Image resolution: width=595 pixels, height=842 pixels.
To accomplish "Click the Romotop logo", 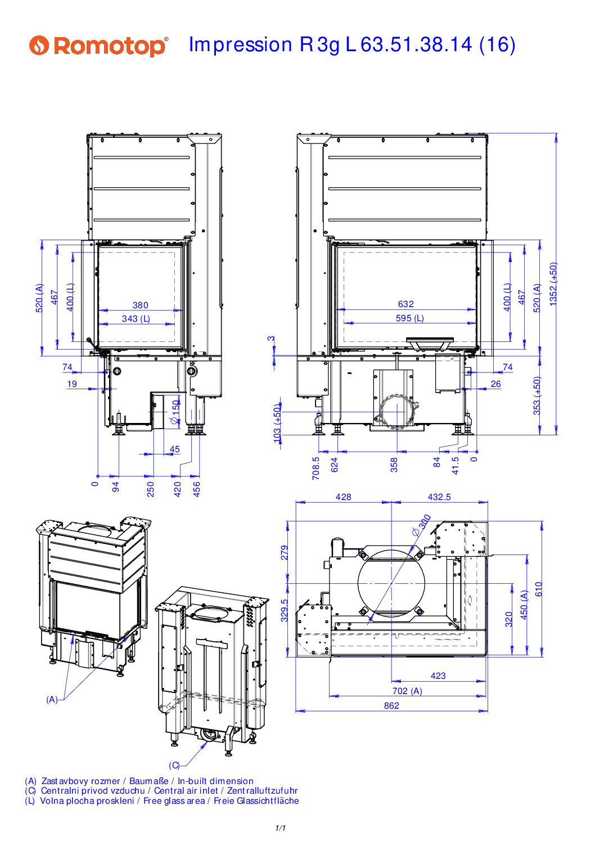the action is click(99, 46).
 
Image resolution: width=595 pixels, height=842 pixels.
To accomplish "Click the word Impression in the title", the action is click(240, 45).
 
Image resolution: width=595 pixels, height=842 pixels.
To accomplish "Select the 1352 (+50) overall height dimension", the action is click(553, 284).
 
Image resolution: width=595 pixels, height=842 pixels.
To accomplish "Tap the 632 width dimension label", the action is click(405, 304).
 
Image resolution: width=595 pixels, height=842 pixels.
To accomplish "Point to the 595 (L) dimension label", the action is click(410, 318).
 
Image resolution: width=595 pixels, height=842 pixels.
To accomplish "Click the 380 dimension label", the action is click(140, 305).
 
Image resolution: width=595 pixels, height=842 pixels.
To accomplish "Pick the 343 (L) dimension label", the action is click(136, 319).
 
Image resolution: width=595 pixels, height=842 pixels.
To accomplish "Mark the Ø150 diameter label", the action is click(175, 412).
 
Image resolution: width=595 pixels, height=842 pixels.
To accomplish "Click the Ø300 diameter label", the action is click(421, 525).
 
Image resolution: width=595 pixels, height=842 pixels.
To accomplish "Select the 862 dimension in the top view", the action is click(391, 705).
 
